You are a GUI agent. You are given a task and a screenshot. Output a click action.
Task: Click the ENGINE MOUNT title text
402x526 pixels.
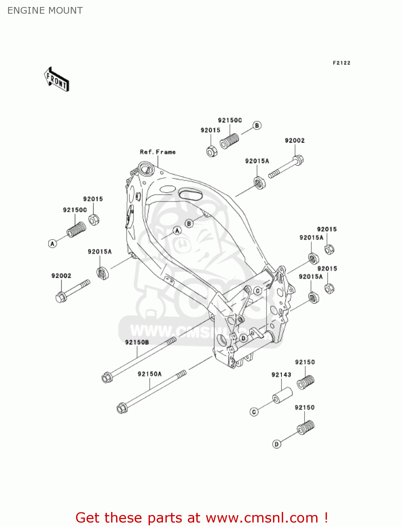coord(45,11)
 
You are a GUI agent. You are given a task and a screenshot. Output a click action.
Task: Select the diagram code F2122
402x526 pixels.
coord(341,63)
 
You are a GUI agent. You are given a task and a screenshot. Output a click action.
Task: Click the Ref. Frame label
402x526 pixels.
coord(157,152)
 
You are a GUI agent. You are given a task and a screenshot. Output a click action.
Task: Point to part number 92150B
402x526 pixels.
coord(137,342)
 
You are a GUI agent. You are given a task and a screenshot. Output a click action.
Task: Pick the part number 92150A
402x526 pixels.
coord(150,374)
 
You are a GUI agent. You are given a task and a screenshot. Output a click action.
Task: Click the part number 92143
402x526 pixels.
coord(281,375)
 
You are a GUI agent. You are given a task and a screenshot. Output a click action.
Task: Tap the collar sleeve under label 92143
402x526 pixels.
coord(282,395)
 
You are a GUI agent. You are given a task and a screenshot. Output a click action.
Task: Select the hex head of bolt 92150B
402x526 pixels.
coord(107,378)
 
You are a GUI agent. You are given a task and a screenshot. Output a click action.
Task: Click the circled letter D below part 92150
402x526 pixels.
coord(277,444)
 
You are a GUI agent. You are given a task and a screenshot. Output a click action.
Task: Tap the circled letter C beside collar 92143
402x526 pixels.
coord(254,412)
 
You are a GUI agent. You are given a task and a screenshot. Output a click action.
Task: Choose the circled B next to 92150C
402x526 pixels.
coord(257,126)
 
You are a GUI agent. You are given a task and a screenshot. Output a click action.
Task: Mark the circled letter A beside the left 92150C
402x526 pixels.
coord(53,243)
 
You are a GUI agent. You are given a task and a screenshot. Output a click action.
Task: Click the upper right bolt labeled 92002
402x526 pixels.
coord(286,168)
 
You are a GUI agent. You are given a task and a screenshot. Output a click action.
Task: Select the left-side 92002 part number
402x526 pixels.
coord(61,276)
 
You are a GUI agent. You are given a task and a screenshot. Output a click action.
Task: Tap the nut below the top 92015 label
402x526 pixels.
coord(212,151)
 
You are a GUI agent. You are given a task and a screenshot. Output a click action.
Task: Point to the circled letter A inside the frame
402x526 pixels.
coord(177,231)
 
